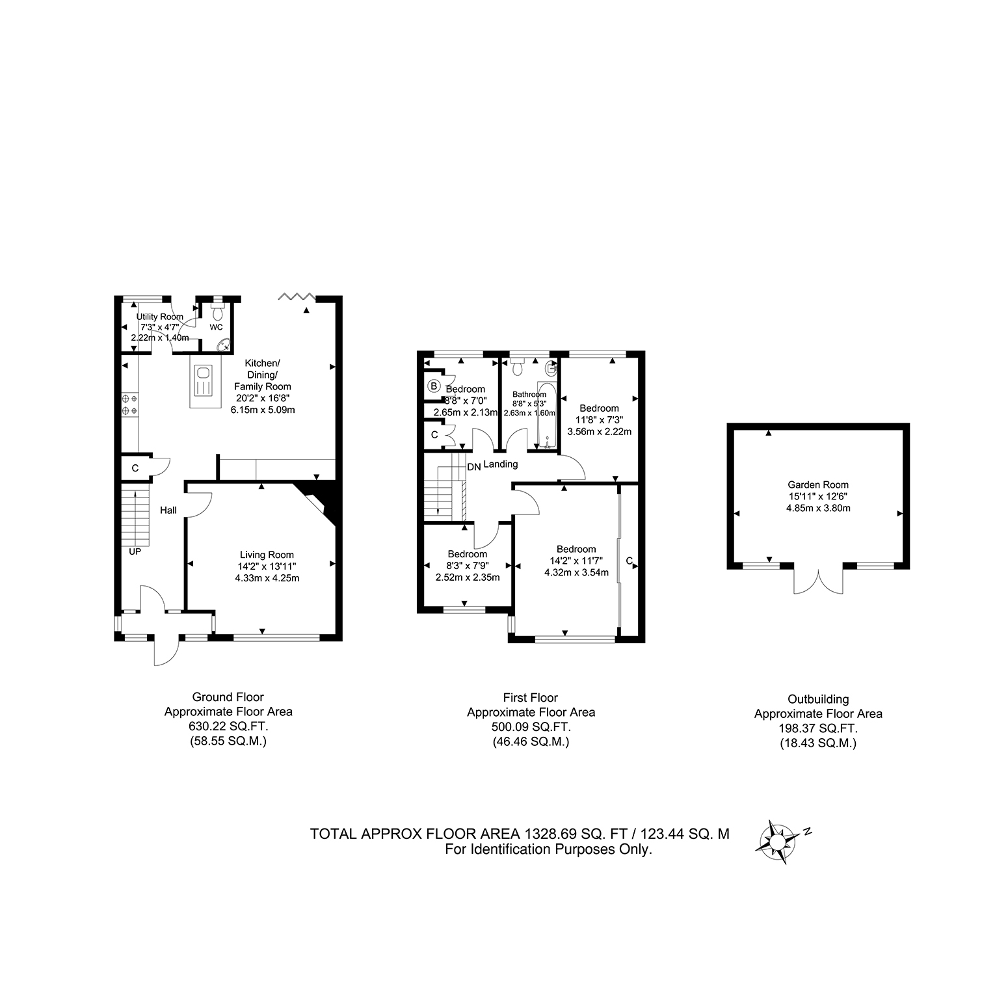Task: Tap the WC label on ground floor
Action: pyautogui.click(x=216, y=327)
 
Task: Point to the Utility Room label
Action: pyautogui.click(x=160, y=317)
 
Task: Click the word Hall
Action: pyautogui.click(x=168, y=511)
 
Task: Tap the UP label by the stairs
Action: pyautogui.click(x=135, y=552)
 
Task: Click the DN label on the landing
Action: pyautogui.click(x=474, y=467)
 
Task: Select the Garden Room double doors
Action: pyautogui.click(x=818, y=579)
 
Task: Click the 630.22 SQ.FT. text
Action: pyautogui.click(x=228, y=726)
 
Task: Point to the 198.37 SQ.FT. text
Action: pyautogui.click(x=818, y=728)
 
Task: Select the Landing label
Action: pyautogui.click(x=501, y=464)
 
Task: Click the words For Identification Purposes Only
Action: pyautogui.click(x=548, y=849)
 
